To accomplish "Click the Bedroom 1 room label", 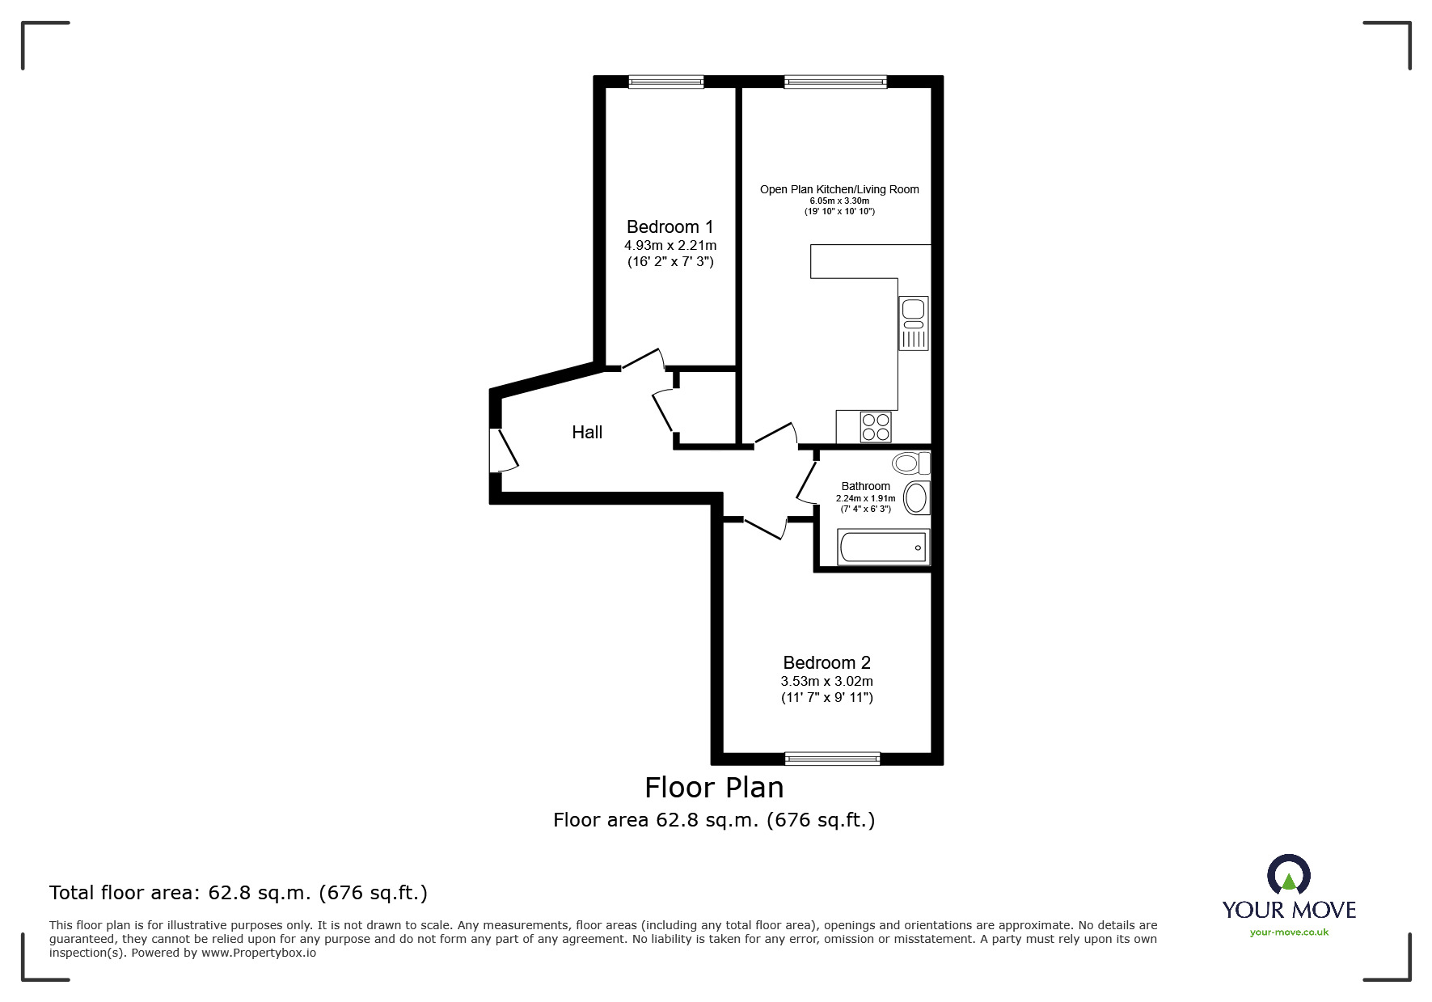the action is tap(670, 226).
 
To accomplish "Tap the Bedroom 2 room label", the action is tap(826, 663).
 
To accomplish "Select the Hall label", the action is tap(587, 433).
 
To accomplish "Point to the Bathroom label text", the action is tap(865, 486).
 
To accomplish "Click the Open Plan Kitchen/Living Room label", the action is tap(839, 189).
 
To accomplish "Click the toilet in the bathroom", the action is tap(911, 463).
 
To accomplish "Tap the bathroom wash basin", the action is tap(916, 498).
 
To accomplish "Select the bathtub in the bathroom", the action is tap(884, 548).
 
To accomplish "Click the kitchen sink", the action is tap(914, 323).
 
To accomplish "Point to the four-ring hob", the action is tap(876, 427).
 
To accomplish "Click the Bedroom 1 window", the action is tap(666, 82).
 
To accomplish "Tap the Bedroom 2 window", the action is tap(832, 758).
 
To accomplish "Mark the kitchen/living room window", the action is tap(835, 82).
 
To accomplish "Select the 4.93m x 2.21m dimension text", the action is tap(670, 245).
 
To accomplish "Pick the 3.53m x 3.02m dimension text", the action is tap(826, 681).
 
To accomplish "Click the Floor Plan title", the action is tap(714, 787).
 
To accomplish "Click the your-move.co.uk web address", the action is tap(1289, 932).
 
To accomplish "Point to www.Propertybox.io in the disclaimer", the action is tap(259, 953).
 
